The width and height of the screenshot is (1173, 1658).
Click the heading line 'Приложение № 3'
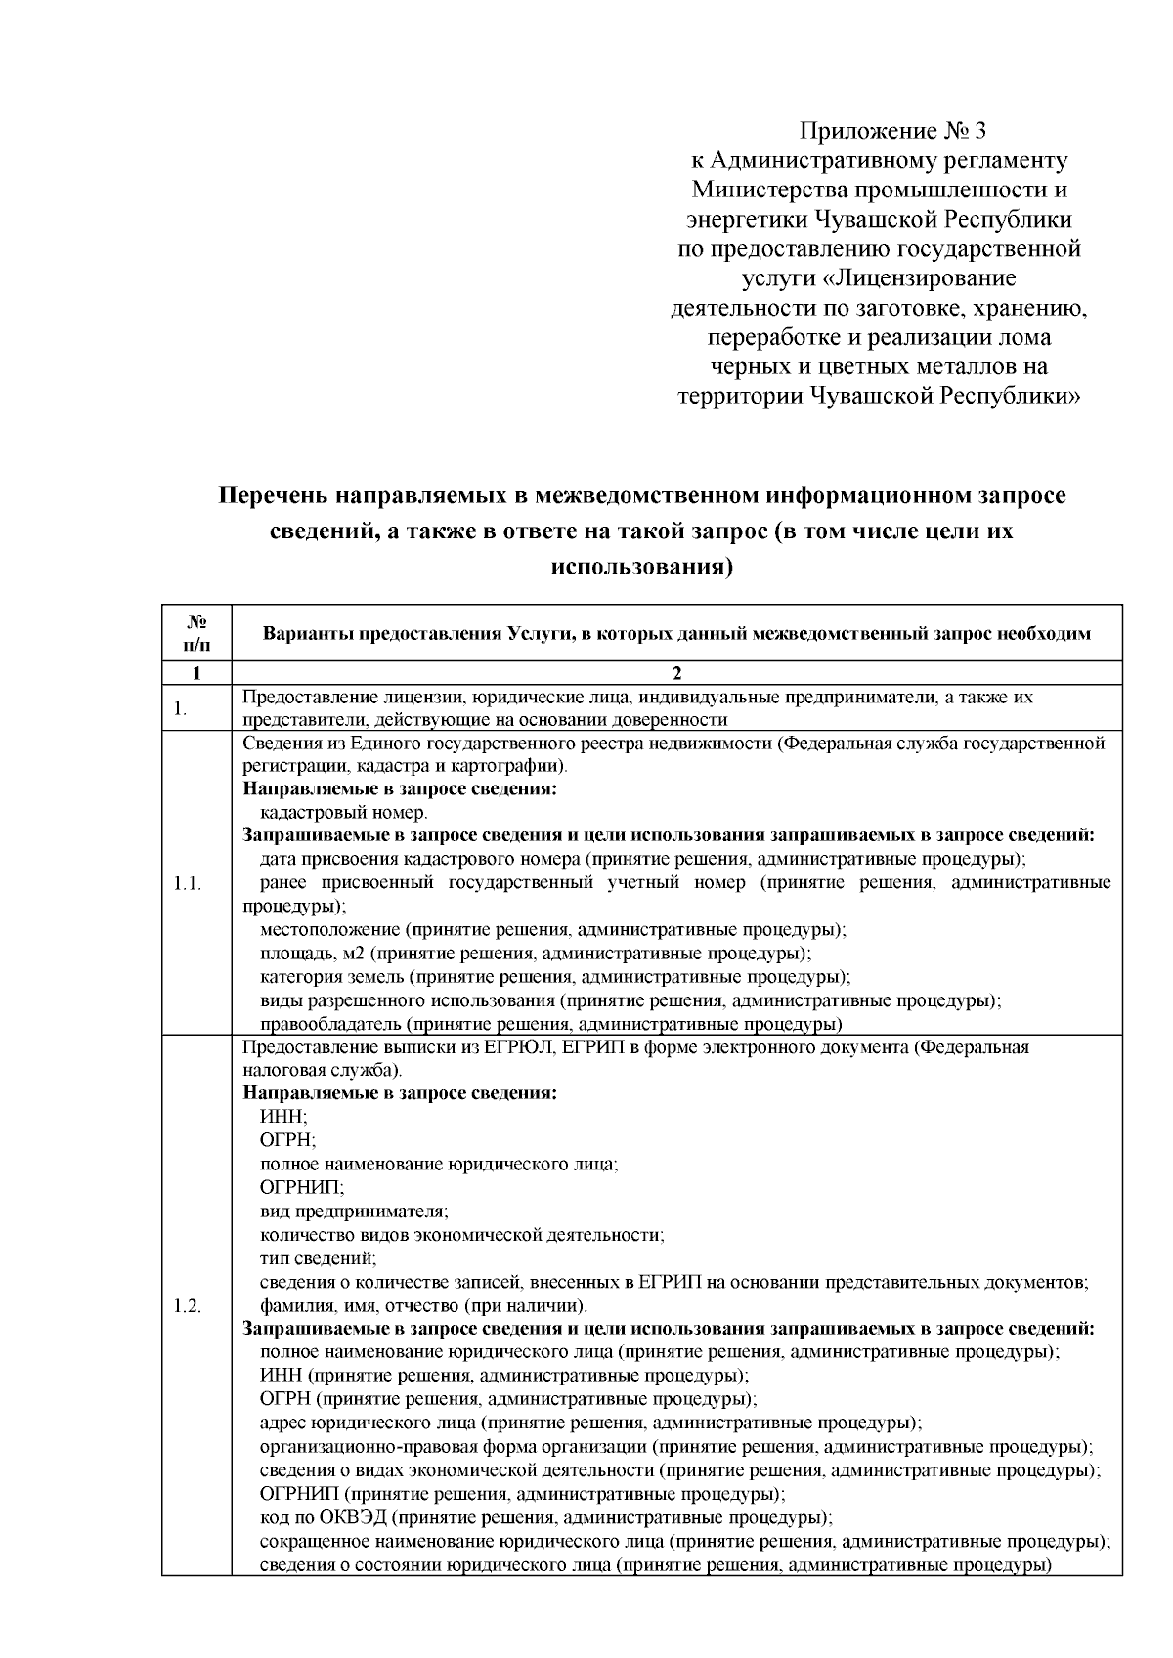887,131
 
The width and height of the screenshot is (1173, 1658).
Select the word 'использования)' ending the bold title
641,567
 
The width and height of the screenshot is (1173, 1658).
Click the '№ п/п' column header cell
196,633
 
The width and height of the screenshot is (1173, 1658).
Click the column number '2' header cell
676,673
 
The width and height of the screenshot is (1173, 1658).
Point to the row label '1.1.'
187,883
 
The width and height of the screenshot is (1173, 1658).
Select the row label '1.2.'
187,1306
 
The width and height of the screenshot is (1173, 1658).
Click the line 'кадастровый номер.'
343,813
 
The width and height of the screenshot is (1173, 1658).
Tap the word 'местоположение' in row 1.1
329,930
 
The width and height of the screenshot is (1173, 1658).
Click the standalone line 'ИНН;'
283,1117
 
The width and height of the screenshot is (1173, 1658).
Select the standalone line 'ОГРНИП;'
302,1188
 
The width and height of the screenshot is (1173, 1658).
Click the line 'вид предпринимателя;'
354,1212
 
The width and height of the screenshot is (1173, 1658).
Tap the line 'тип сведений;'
318,1258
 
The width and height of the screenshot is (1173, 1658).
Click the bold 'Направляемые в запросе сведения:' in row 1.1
399,789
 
